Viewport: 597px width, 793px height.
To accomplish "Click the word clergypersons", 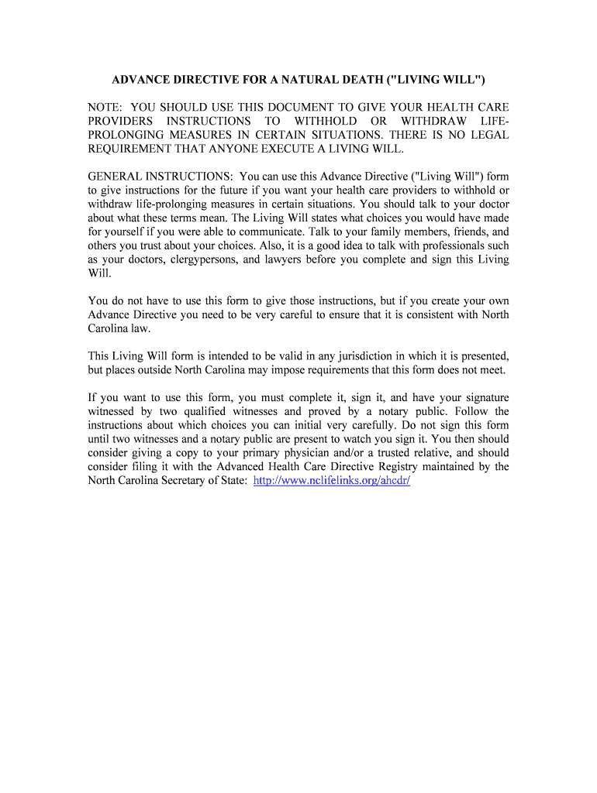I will point(202,259).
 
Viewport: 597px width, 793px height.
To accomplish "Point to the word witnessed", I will point(112,411).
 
